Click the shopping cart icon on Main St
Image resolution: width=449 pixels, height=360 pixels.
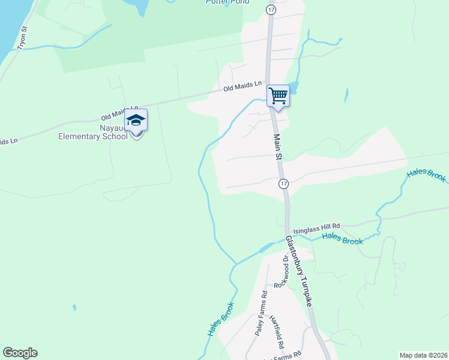point(278,95)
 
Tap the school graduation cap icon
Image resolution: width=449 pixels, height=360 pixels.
point(136,121)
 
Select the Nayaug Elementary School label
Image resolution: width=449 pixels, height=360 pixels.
point(93,132)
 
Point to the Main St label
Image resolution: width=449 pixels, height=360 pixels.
point(278,147)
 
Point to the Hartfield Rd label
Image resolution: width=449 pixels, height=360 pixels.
point(276,332)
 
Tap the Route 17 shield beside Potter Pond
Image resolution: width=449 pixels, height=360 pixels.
point(271,10)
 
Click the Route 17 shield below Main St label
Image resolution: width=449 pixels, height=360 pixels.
point(284,182)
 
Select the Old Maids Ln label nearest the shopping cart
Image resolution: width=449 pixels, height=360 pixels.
point(243,87)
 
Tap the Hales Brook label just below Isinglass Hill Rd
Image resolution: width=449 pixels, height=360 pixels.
point(342,239)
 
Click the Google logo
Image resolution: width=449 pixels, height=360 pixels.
point(20,353)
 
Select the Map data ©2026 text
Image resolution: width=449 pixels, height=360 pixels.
point(423,355)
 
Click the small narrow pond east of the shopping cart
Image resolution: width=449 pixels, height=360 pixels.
point(346,95)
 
